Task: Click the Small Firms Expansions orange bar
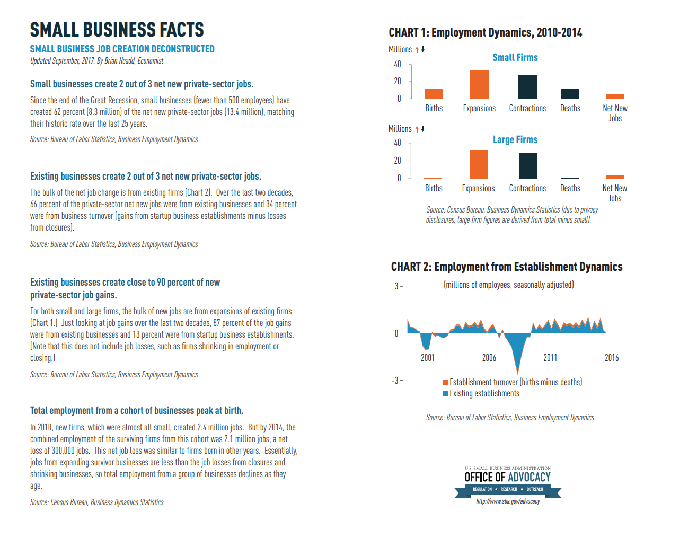tap(479, 84)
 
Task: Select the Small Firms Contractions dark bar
tap(527, 86)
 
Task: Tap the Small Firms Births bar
tap(434, 94)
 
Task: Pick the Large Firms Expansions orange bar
tap(478, 164)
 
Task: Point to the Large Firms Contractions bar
tap(527, 166)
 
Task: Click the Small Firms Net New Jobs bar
tap(615, 96)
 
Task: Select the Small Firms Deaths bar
tap(570, 94)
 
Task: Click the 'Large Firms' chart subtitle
tap(515, 140)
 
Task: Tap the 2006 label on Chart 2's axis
tap(489, 358)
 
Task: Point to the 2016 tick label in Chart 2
tap(611, 358)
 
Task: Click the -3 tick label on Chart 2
tap(395, 381)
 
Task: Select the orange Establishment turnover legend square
tap(446, 382)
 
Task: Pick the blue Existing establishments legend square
tap(446, 393)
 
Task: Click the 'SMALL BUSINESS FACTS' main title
tap(117, 30)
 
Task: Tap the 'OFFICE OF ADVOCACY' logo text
tap(507, 477)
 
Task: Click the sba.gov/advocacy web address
tap(508, 501)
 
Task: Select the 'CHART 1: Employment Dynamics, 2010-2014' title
tap(485, 33)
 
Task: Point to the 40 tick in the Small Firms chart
tap(398, 64)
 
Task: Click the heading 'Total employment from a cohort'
tap(137, 411)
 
